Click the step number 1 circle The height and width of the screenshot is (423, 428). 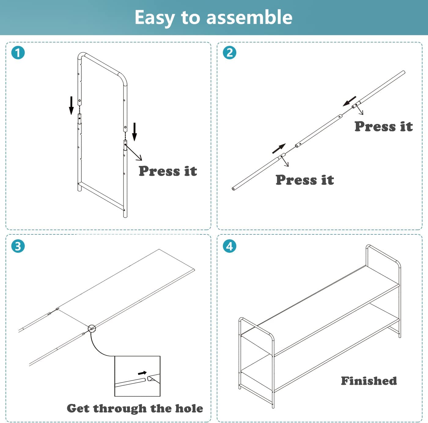18,53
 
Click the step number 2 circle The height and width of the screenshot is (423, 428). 229,53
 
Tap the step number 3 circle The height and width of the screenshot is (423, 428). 18,246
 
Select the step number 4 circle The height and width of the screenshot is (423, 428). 229,246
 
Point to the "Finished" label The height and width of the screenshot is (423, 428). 369,381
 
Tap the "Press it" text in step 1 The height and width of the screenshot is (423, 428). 168,171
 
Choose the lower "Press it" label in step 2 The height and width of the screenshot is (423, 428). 305,180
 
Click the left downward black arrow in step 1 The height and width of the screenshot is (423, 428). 71,106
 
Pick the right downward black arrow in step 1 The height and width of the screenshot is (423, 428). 135,132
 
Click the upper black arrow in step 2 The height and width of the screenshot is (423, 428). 349,101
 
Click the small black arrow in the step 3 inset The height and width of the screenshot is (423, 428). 142,373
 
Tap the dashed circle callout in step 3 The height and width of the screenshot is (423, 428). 92,329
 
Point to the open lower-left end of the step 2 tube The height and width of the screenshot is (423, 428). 233,189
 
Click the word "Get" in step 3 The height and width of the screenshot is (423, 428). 78,408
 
